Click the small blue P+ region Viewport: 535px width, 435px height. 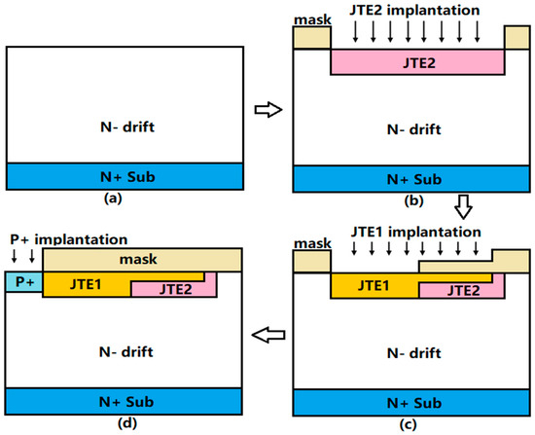coord(23,282)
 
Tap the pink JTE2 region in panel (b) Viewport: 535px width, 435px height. coord(417,61)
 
